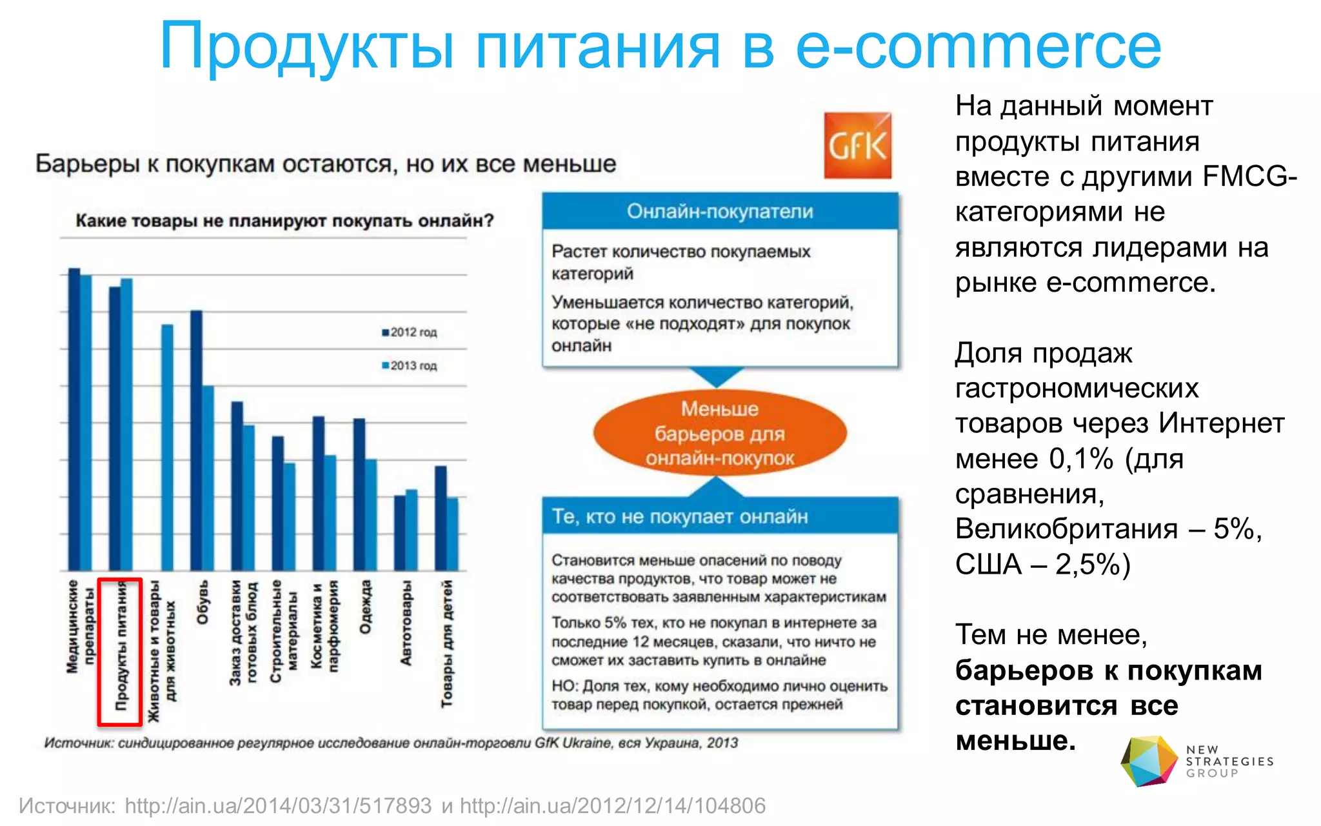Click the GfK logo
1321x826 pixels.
pyautogui.click(x=858, y=146)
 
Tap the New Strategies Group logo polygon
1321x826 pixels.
pyautogui.click(x=1149, y=761)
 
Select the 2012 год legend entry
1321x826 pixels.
pyautogui.click(x=410, y=332)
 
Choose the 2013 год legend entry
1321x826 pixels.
pyautogui.click(x=410, y=366)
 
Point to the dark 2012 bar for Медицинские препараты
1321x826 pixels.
pyautogui.click(x=74, y=419)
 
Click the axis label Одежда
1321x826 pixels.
pyautogui.click(x=365, y=607)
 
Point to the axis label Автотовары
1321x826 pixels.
pyautogui.click(x=406, y=623)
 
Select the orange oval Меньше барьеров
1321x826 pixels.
pyautogui.click(x=719, y=433)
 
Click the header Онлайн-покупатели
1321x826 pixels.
pyautogui.click(x=720, y=212)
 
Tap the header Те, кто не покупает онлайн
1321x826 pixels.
pyautogui.click(x=680, y=516)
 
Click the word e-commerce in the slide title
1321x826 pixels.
pyautogui.click(x=978, y=46)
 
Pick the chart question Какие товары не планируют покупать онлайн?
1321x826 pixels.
pyautogui.click(x=284, y=221)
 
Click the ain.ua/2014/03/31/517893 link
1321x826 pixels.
pyautogui.click(x=278, y=806)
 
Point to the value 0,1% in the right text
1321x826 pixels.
pyautogui.click(x=1081, y=459)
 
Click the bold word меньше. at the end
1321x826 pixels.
pyautogui.click(x=1015, y=741)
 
